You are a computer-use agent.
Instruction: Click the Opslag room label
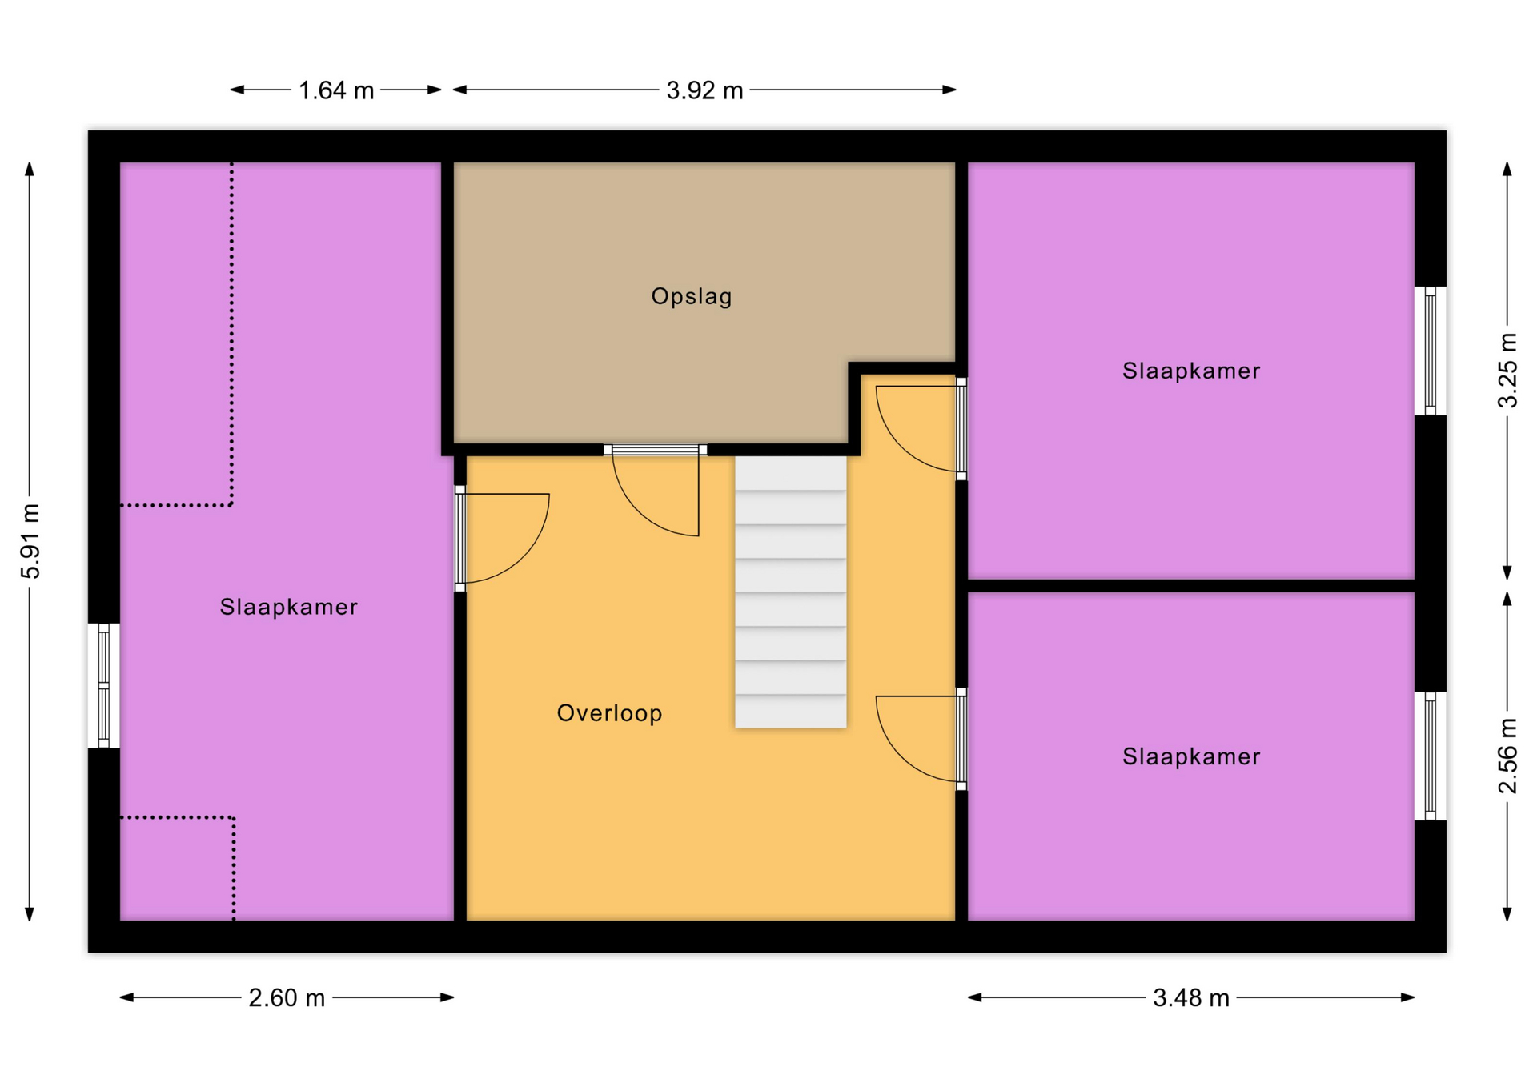(x=692, y=297)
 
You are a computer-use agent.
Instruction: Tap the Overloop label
(x=609, y=713)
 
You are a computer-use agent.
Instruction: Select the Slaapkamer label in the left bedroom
(x=288, y=607)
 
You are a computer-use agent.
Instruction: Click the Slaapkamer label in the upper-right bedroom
(x=1191, y=371)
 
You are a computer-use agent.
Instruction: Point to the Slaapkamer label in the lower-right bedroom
(x=1191, y=756)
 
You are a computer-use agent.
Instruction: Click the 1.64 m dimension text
(x=336, y=90)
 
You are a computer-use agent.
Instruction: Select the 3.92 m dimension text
(x=704, y=90)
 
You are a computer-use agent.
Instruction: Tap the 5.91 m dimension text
(x=30, y=541)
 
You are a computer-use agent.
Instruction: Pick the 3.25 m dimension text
(x=1507, y=370)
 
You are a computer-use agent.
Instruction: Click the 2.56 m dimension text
(x=1507, y=756)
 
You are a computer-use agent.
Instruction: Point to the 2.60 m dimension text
(x=287, y=998)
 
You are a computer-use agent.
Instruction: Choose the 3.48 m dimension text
(x=1191, y=998)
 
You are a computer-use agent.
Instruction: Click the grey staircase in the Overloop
(x=791, y=592)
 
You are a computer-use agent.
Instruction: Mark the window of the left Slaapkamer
(x=104, y=686)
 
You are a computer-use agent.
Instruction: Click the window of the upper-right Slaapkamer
(x=1431, y=351)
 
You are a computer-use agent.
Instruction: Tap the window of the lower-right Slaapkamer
(x=1431, y=756)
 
